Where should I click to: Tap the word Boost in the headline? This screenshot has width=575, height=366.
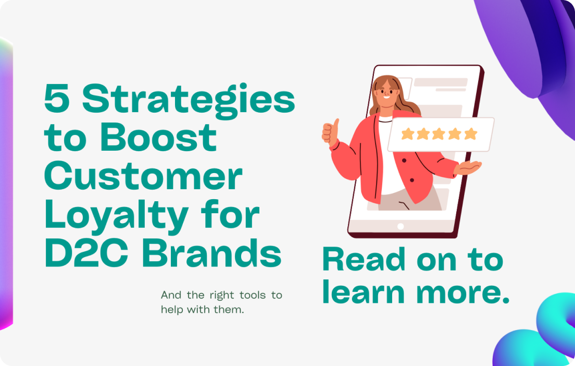click(x=158, y=137)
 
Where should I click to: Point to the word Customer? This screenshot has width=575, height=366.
click(x=143, y=176)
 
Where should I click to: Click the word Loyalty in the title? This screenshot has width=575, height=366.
click(x=116, y=217)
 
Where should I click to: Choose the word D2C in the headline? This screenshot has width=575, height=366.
click(x=86, y=253)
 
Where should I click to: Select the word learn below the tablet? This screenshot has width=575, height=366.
click(x=364, y=292)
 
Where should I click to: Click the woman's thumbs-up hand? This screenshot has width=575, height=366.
click(x=330, y=132)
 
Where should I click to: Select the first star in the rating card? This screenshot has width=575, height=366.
click(x=407, y=134)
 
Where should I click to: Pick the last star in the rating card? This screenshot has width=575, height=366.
click(x=470, y=134)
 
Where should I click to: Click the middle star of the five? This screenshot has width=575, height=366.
click(x=439, y=134)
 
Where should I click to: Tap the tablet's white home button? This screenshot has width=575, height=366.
click(x=401, y=226)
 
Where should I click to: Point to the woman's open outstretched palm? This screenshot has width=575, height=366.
click(x=467, y=167)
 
